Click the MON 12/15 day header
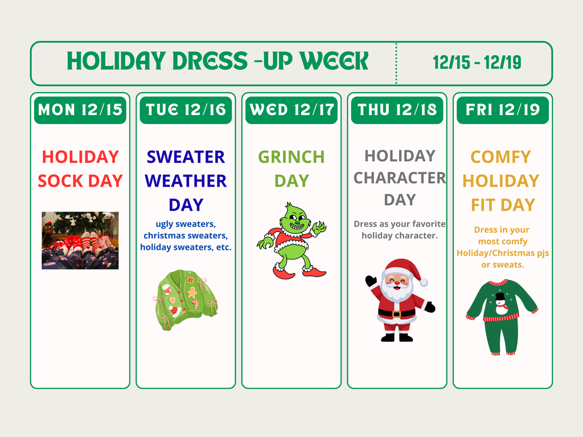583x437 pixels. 80,110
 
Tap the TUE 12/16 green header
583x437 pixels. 186,110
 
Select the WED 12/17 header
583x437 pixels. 291,110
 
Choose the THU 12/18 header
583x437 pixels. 397,110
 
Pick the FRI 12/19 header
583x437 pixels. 503,110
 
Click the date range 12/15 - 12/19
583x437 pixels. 477,63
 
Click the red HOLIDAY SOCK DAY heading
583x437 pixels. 80,168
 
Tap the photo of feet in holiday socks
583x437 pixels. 80,240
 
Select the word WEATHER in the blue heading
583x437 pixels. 186,181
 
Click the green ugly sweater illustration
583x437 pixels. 186,299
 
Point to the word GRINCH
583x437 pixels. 291,156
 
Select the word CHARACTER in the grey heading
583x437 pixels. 399,178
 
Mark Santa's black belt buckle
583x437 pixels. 396,314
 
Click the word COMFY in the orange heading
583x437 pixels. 501,156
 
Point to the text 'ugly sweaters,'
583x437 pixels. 186,224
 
